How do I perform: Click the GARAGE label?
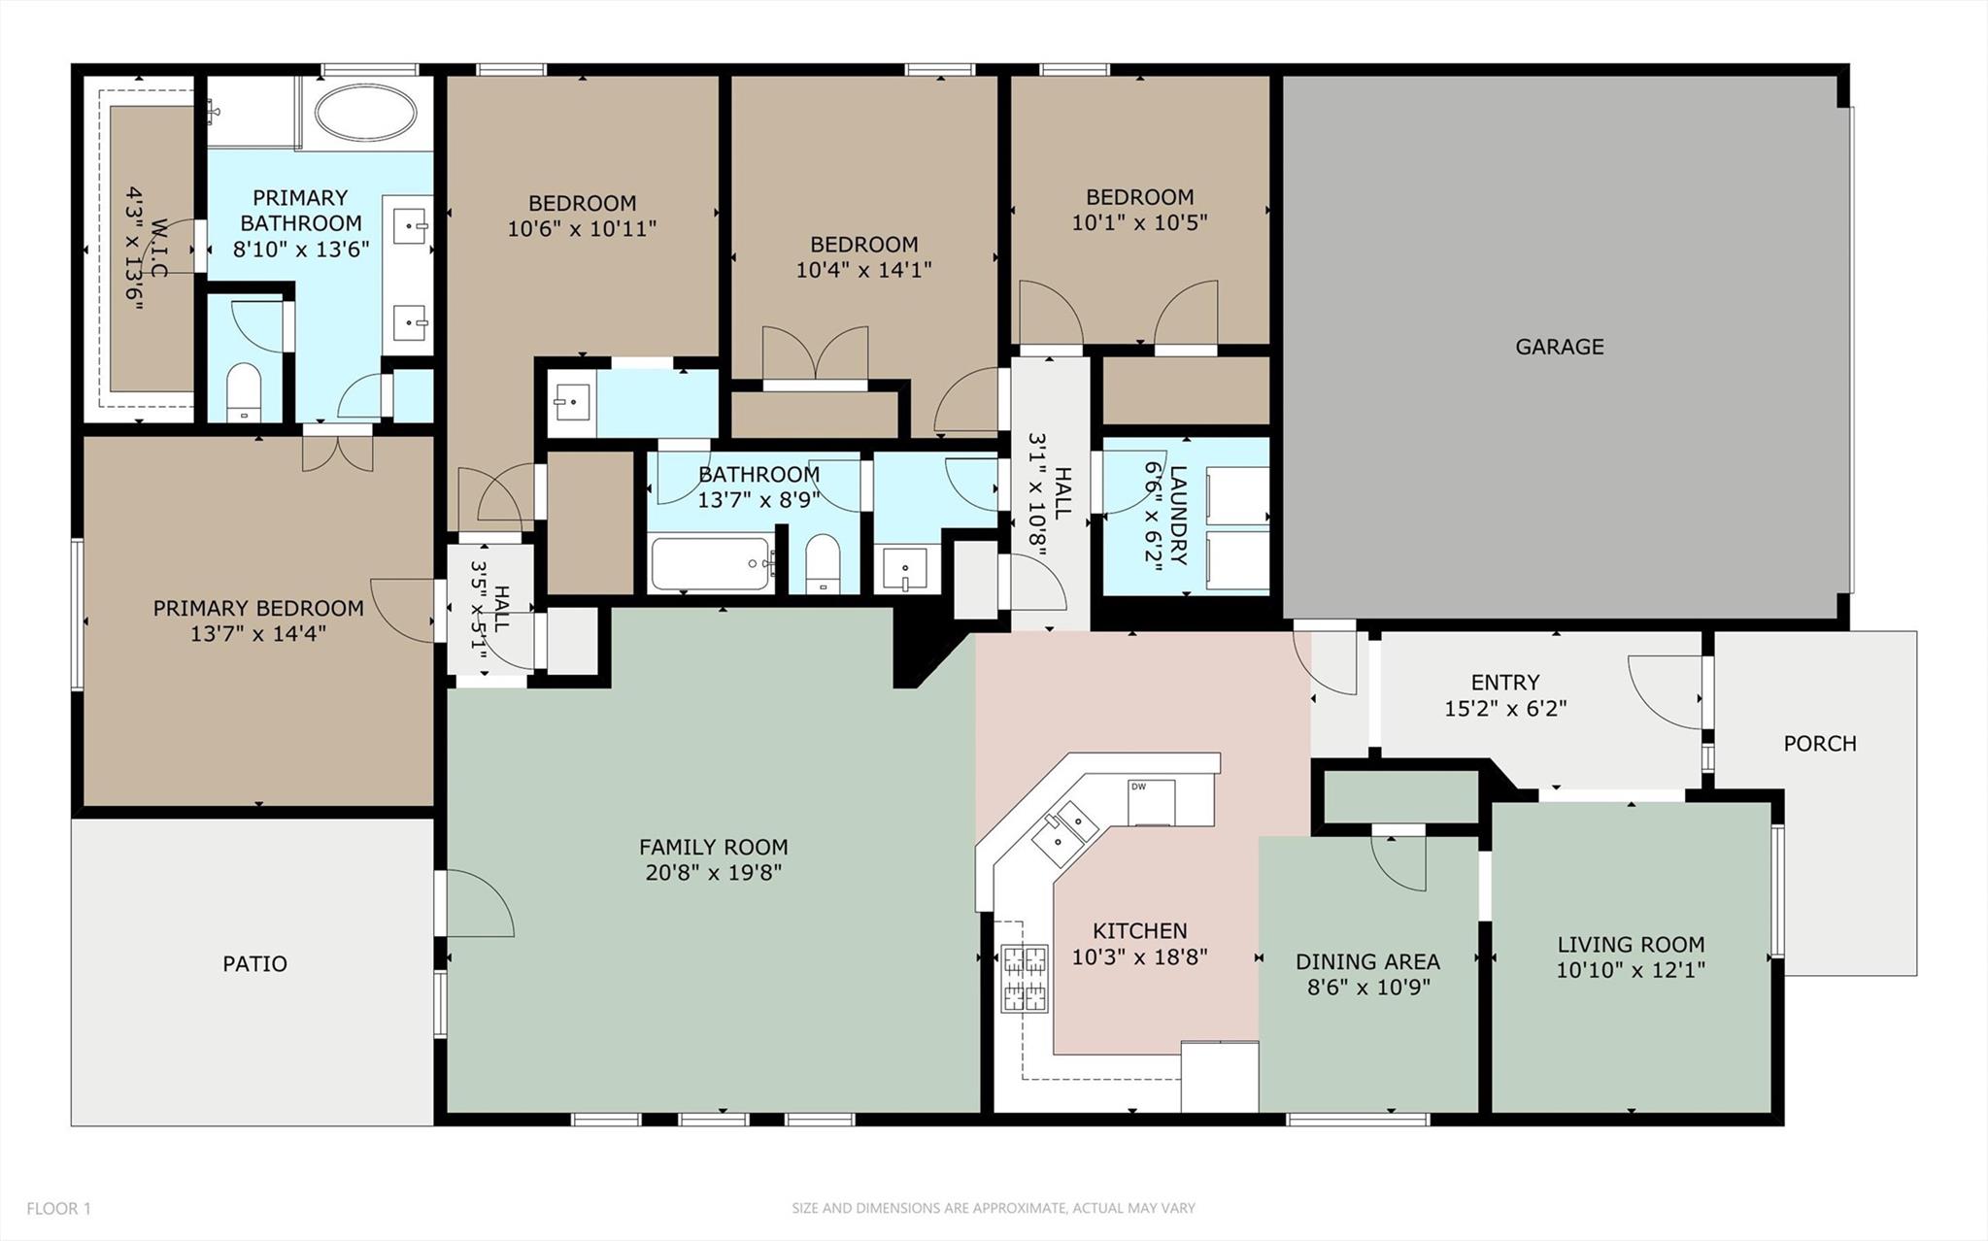1559,347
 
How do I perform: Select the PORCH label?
1820,744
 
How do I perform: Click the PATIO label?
254,963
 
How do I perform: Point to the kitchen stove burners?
1025,978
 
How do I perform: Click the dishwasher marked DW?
1151,801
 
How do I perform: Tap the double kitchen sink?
1064,827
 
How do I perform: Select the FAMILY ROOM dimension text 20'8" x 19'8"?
714,872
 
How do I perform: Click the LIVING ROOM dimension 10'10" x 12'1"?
1631,969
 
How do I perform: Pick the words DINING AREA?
1367,961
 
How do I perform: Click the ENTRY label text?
1505,683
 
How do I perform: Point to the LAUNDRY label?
1178,515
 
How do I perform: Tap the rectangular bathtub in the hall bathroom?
712,563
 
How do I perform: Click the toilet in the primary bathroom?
243,392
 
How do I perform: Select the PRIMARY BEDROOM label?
258,608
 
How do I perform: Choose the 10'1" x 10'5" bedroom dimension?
1139,222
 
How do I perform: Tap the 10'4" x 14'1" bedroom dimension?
863,269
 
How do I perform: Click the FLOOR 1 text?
58,1208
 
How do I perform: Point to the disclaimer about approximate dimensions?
994,1208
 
